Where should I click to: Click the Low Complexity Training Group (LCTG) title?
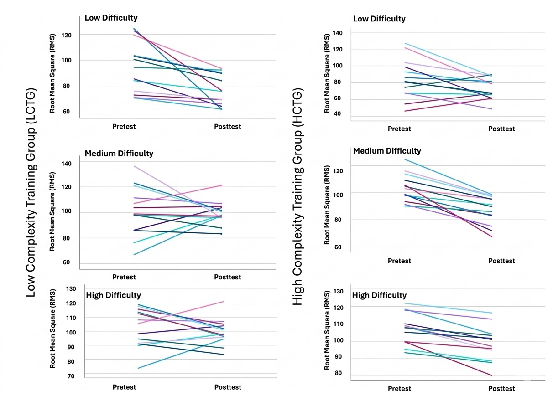tap(31, 192)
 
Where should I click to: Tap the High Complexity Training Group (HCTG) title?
tap(298, 197)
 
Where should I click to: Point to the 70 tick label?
tap(71, 376)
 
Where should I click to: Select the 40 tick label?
tap(337, 113)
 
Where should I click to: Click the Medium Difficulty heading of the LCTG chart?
tap(119, 154)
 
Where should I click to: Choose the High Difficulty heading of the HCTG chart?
tap(379, 295)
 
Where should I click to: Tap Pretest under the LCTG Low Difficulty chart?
tap(124, 127)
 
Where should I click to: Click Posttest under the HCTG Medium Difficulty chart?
tap(501, 261)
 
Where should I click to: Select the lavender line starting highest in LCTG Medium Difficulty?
tap(177, 192)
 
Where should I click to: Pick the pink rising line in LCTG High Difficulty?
tap(181, 313)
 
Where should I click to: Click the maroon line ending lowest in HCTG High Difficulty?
tap(449, 359)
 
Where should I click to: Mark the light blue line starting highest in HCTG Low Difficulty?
tap(449, 59)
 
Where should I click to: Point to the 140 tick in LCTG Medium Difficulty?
tap(67, 164)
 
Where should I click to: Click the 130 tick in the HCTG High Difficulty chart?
tap(338, 291)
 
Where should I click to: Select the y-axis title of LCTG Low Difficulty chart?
tap(52, 73)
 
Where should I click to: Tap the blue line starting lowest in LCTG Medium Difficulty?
tap(177, 235)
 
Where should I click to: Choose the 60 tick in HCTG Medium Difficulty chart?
tap(337, 247)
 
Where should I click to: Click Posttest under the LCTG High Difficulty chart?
tap(228, 387)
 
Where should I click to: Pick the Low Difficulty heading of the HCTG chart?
tap(379, 19)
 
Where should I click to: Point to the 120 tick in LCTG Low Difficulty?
tap(67, 35)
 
